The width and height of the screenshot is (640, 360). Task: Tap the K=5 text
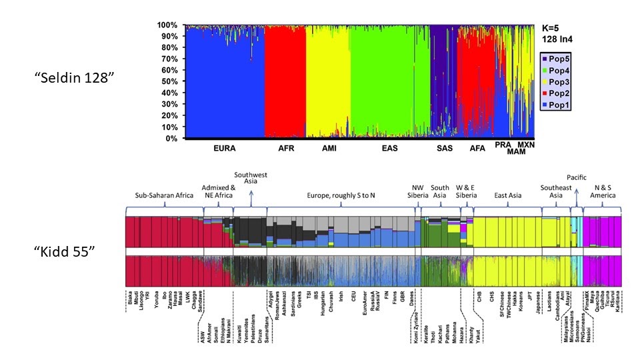(555, 29)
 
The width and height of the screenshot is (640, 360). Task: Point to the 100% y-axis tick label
(167, 25)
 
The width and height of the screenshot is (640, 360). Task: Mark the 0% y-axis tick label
(171, 139)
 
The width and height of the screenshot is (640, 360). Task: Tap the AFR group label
(285, 148)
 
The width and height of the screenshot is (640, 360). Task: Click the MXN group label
(526, 145)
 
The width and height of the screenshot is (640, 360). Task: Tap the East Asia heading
(508, 195)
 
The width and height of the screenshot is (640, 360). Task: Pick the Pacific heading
(577, 177)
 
